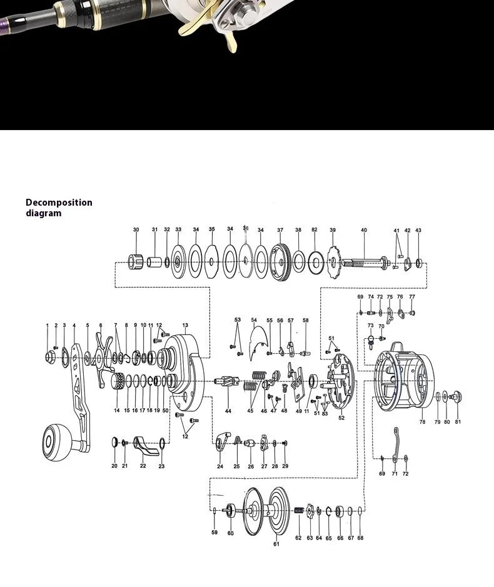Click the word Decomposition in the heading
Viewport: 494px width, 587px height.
click(x=59, y=203)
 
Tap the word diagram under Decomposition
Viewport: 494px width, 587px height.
click(x=44, y=213)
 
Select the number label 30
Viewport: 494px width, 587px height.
click(x=136, y=230)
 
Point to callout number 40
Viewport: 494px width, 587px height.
click(x=364, y=230)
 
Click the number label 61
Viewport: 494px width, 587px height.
click(x=276, y=544)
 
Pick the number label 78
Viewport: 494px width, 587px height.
click(x=422, y=422)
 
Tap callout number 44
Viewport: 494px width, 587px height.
click(x=228, y=411)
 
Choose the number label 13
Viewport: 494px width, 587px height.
click(x=185, y=325)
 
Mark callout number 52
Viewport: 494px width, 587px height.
click(x=341, y=418)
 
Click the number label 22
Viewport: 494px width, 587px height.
click(x=143, y=466)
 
